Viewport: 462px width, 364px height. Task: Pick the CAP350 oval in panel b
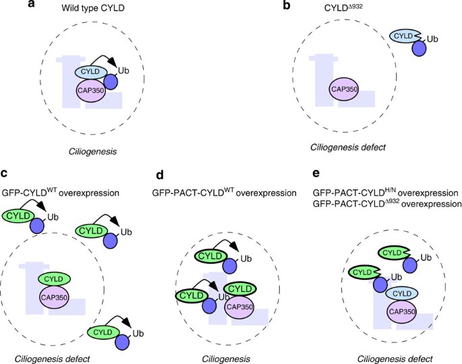pos(343,89)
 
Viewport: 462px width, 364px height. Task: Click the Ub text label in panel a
pos(123,69)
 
